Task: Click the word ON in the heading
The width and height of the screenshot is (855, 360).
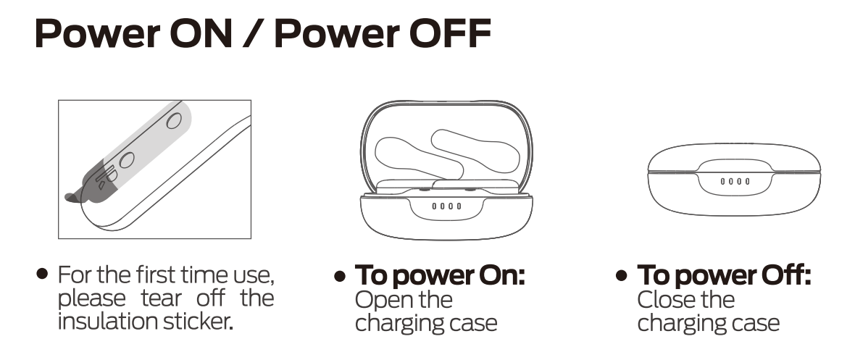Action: [201, 34]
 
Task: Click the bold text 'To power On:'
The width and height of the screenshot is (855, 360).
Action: [440, 275]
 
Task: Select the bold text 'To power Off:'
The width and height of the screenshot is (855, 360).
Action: [724, 275]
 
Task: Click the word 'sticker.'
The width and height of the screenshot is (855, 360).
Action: [199, 322]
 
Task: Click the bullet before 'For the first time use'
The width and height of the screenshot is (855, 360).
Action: [42, 273]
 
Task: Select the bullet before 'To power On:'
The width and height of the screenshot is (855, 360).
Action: [340, 276]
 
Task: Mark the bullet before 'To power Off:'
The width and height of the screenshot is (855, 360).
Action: [622, 276]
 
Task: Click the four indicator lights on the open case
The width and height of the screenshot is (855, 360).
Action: [446, 206]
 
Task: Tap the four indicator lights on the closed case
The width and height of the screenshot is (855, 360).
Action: [735, 181]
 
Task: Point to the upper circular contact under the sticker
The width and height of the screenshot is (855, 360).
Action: [174, 120]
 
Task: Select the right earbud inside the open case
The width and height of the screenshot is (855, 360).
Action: [475, 151]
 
